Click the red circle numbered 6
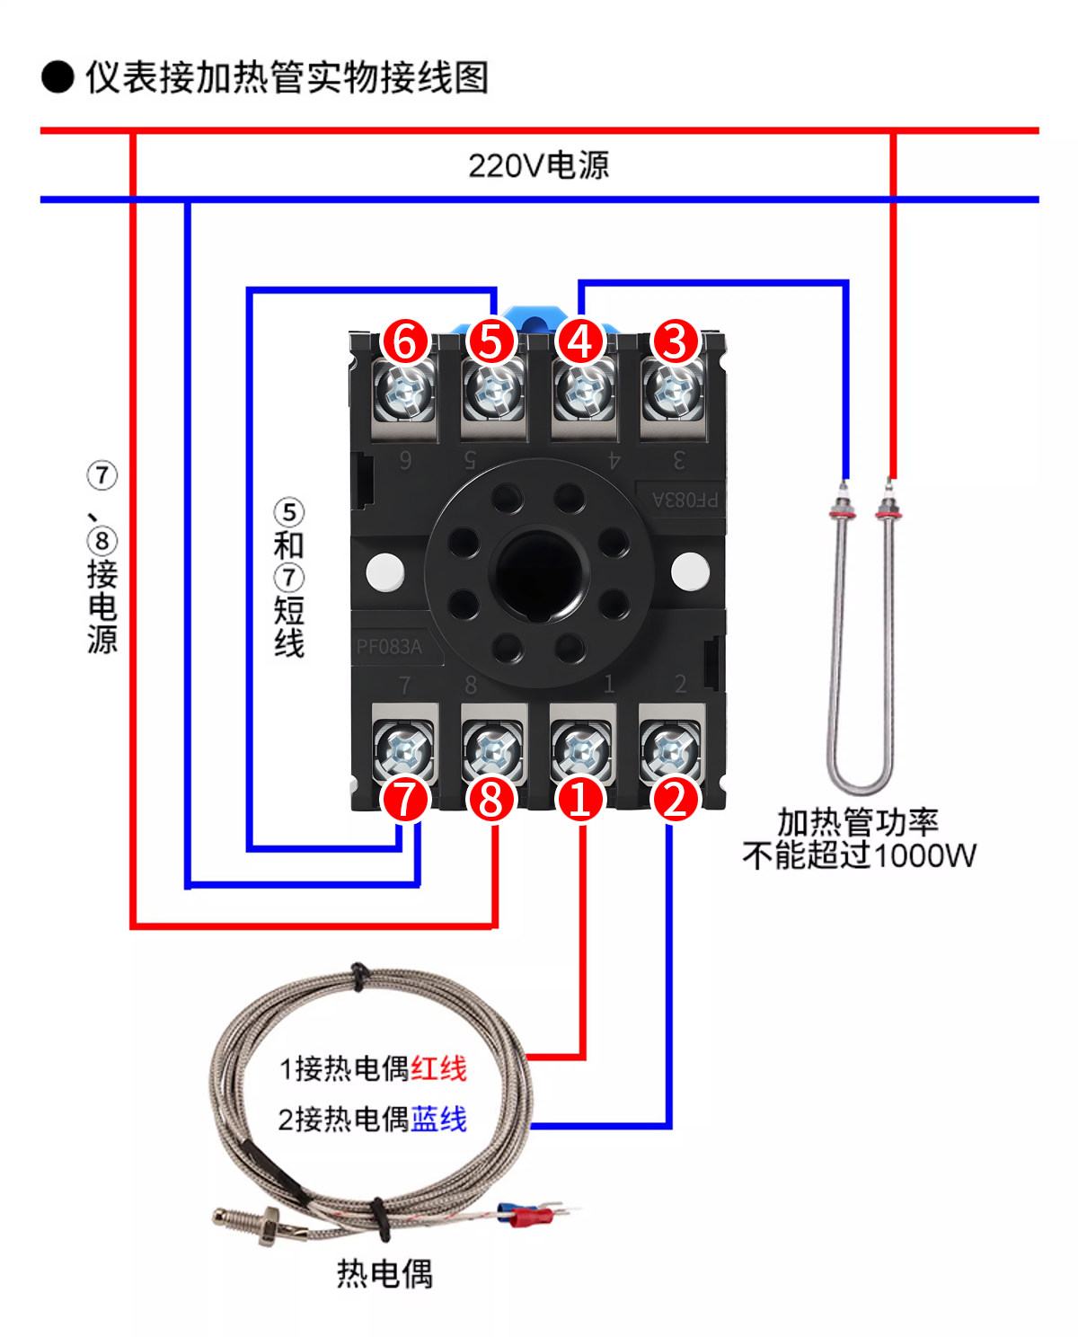point(405,341)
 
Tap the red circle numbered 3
point(675,341)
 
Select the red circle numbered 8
point(490,799)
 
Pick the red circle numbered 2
point(675,799)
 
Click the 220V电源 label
point(539,166)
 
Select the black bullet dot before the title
point(57,77)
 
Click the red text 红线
point(438,1068)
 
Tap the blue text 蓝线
point(438,1120)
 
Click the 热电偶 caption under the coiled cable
point(384,1274)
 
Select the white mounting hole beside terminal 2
point(690,571)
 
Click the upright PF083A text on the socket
point(389,647)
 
